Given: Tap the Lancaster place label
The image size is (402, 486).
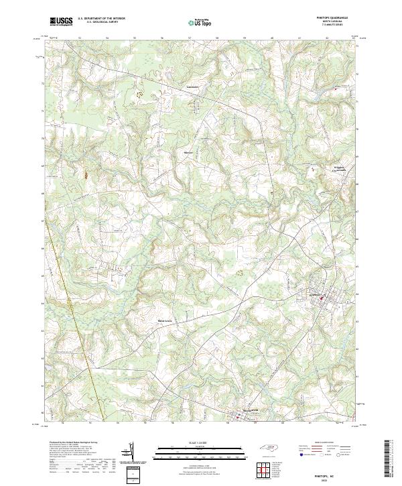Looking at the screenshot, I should coord(193,87).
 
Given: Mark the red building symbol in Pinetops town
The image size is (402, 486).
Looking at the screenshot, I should coord(321,298).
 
